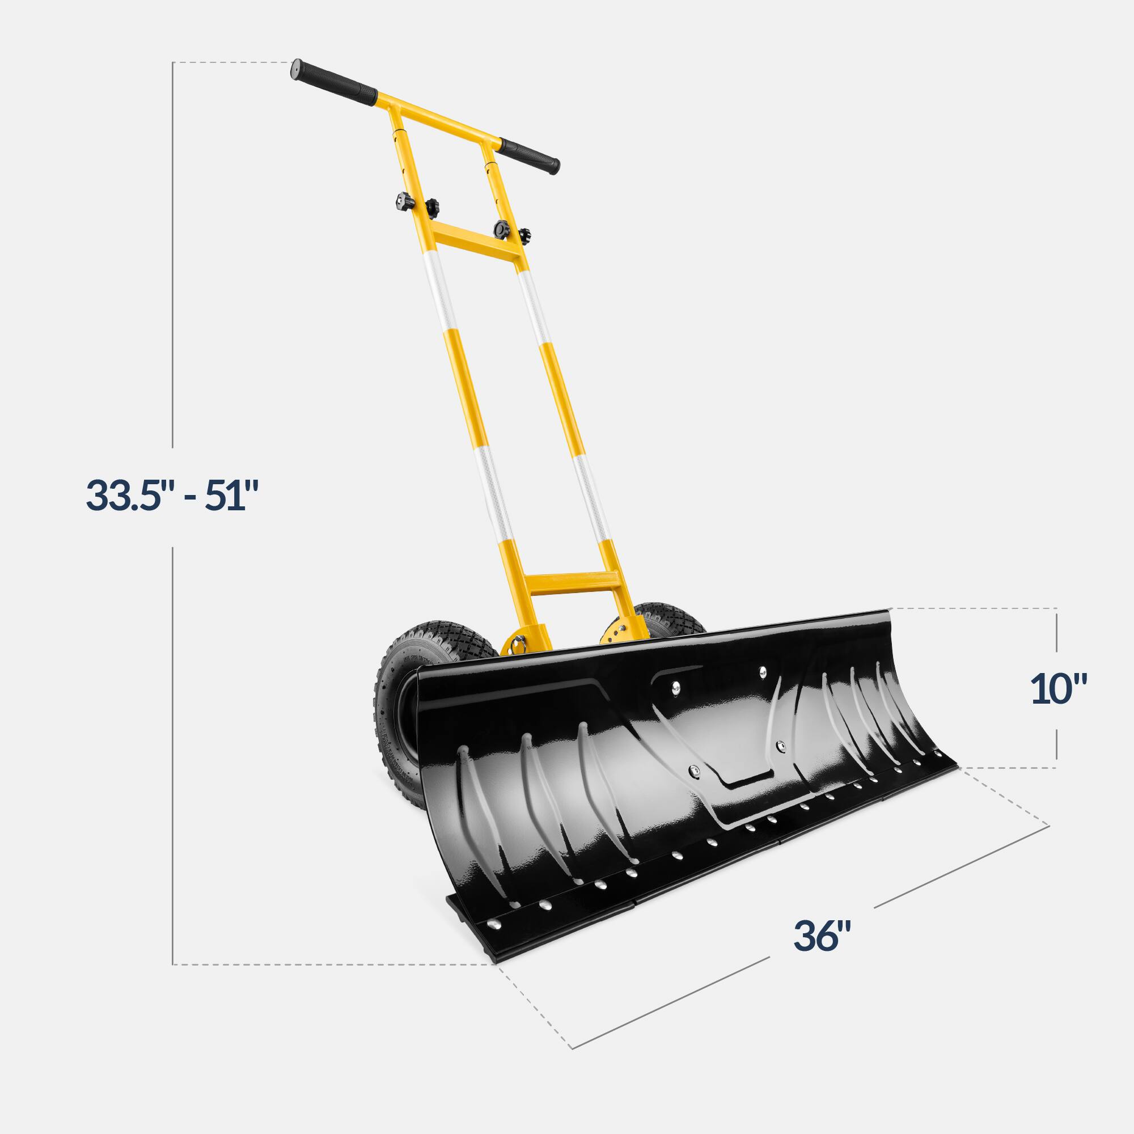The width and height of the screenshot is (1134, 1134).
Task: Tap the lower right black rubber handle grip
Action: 529,155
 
